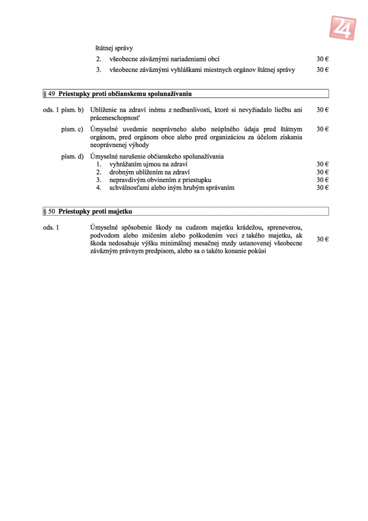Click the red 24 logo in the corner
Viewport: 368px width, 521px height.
343,27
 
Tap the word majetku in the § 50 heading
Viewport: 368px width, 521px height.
121,211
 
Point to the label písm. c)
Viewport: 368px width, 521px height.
72,129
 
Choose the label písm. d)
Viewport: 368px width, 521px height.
72,156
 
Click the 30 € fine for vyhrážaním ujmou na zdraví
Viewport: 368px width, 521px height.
322,164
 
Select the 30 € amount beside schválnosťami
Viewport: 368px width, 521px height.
322,188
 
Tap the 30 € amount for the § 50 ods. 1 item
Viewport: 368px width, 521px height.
322,239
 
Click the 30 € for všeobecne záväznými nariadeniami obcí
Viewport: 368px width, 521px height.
322,59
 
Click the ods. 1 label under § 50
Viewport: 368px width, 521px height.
50,227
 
